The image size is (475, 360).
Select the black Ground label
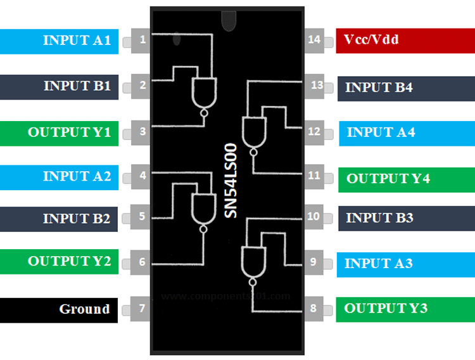[x=59, y=310]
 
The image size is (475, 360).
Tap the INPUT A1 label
[x=59, y=41]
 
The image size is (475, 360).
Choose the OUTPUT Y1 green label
[x=59, y=133]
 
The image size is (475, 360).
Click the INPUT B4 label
[x=406, y=88]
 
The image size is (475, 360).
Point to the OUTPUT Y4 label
[x=406, y=179]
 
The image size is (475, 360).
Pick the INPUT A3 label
[x=406, y=264]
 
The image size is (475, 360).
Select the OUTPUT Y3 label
[x=406, y=309]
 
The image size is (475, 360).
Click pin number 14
[x=313, y=39]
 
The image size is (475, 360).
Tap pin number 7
[x=142, y=309]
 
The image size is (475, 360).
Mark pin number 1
[x=142, y=40]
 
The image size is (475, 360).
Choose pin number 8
[x=313, y=309]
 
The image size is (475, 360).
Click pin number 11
[x=313, y=176]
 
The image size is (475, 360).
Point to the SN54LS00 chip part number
[x=232, y=181]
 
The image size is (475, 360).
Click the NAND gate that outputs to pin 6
[x=203, y=209]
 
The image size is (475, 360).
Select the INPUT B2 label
[x=59, y=219]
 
